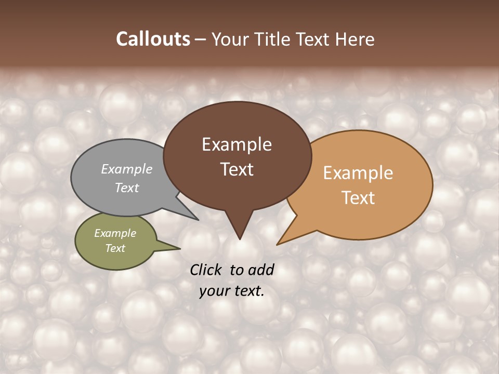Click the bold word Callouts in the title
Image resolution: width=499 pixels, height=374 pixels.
point(153,39)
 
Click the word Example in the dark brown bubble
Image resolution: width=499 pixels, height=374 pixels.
point(237,144)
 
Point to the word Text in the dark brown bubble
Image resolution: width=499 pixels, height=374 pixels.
point(237,169)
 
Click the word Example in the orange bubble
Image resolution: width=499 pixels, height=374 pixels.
point(358,173)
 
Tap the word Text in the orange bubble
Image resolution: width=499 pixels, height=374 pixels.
point(358,198)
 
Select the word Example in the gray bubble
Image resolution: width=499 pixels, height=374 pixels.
point(127,169)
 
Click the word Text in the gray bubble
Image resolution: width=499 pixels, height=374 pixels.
point(127,188)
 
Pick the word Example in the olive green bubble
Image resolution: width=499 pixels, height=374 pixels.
point(115,233)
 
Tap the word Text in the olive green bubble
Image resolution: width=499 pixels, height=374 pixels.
point(115,248)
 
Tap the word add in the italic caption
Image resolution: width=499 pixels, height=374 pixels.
point(261,270)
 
